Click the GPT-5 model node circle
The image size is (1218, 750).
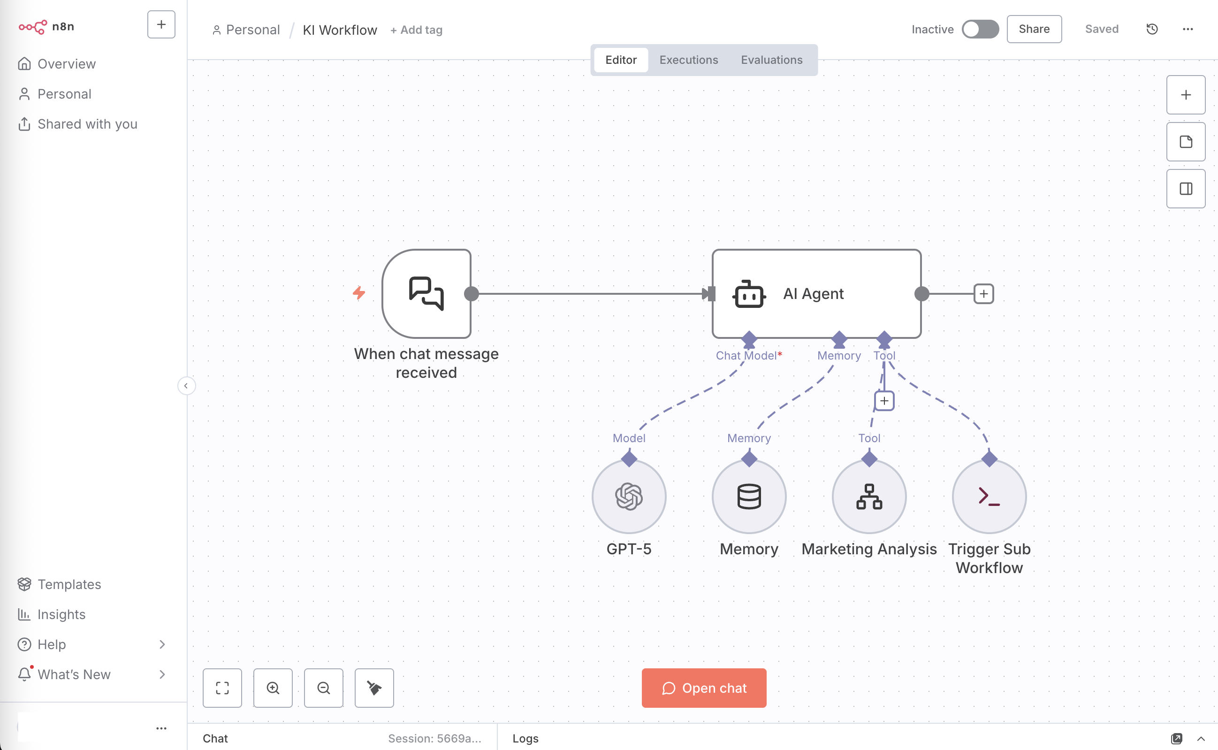tap(629, 497)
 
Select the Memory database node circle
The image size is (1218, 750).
tap(748, 497)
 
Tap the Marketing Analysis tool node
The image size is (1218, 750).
tap(869, 497)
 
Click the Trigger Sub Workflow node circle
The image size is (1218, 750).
tap(989, 497)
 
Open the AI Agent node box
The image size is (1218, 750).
tap(816, 294)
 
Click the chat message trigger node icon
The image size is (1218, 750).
tap(426, 294)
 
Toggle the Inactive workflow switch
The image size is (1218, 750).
tap(980, 29)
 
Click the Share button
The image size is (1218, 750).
tap(1034, 29)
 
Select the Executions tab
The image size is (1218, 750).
tap(688, 60)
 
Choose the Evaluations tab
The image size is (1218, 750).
tap(771, 60)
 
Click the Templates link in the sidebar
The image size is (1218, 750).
tap(69, 584)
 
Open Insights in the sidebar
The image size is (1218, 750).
tap(61, 614)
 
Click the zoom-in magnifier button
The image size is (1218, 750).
tap(273, 688)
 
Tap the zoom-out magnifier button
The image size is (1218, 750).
tap(323, 688)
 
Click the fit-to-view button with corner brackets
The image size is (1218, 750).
tap(222, 688)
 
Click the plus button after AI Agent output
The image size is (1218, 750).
tap(983, 294)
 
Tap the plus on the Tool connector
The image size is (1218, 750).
tap(884, 401)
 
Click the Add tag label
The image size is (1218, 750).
tap(417, 30)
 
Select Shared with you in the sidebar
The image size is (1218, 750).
tap(87, 124)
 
